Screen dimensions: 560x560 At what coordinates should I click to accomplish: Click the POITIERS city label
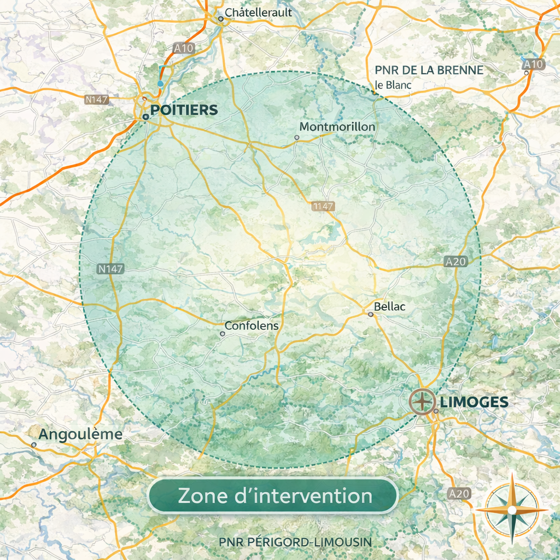(184, 110)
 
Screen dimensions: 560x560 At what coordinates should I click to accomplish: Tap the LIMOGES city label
(474, 402)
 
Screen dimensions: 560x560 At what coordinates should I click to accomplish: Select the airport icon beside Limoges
(422, 401)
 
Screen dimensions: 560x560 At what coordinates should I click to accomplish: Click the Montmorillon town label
(337, 127)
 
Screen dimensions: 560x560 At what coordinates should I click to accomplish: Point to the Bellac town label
(389, 307)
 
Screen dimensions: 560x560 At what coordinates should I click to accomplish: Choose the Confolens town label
(252, 326)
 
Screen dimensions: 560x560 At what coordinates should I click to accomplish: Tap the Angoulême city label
(80, 435)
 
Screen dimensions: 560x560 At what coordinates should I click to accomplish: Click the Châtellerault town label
(259, 13)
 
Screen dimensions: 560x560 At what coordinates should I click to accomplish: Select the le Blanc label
(393, 85)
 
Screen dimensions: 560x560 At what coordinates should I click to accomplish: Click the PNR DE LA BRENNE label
(429, 71)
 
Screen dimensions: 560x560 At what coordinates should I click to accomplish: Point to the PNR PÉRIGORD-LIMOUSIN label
(295, 542)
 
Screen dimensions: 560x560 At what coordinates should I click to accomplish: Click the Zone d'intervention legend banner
(273, 496)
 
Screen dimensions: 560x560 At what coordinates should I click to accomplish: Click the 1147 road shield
(323, 206)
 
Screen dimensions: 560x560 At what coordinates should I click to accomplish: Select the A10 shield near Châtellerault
(184, 48)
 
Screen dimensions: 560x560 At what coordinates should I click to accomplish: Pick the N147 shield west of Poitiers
(97, 100)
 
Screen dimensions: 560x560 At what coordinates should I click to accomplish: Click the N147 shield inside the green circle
(111, 269)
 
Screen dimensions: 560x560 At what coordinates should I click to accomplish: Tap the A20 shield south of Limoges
(458, 493)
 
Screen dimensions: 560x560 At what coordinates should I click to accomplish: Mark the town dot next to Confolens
(223, 334)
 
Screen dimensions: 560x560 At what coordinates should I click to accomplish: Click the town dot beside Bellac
(370, 314)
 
